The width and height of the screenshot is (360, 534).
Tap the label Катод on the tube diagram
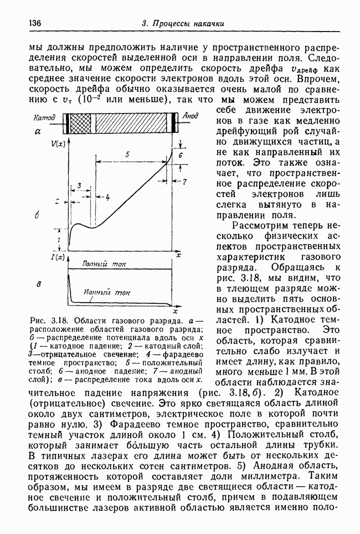[x=45, y=118]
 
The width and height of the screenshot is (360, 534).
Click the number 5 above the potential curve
[x=128, y=155]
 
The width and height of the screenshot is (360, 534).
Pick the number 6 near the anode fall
[x=180, y=156]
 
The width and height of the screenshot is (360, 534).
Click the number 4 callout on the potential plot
[x=107, y=197]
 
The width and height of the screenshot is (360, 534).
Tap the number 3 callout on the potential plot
[x=80, y=185]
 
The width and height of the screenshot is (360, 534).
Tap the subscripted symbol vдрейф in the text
[x=304, y=69]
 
